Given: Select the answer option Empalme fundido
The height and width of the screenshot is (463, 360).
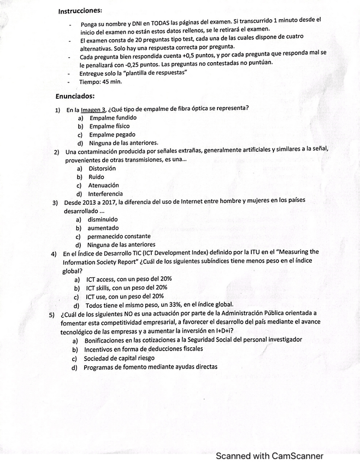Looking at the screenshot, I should point(113,118).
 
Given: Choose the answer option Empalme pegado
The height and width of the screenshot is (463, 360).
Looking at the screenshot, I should point(113,135).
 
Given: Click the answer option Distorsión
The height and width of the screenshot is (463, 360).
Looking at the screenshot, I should point(102,169).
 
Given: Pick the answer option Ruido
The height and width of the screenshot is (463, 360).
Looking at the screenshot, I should point(96,177).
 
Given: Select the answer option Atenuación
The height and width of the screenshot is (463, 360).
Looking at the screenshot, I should point(103,186).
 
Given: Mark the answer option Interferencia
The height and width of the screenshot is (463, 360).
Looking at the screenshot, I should point(106,194).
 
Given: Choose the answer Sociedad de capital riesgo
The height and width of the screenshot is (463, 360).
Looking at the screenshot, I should point(120,359).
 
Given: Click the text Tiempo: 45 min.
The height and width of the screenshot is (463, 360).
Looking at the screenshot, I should point(101,82).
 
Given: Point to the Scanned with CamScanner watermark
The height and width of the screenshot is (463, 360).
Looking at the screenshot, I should point(269,456).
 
